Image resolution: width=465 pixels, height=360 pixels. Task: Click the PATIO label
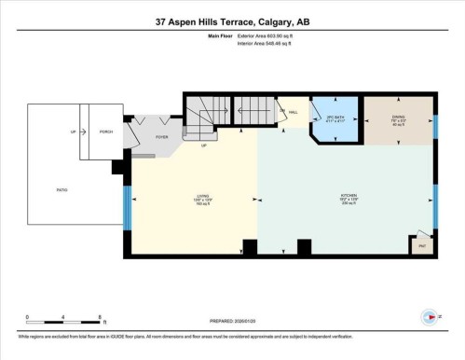coord(62,189)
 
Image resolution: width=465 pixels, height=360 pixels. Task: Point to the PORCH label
coord(106,132)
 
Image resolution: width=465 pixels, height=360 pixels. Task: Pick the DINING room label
coord(399,119)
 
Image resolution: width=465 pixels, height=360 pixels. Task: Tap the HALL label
coord(293,112)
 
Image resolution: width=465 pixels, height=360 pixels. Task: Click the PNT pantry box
coord(421,246)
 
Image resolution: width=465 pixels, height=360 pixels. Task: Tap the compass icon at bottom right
coord(428,316)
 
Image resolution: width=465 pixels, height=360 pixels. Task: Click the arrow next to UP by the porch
coord(83,132)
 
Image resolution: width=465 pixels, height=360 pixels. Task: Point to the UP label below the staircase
coord(203,145)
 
